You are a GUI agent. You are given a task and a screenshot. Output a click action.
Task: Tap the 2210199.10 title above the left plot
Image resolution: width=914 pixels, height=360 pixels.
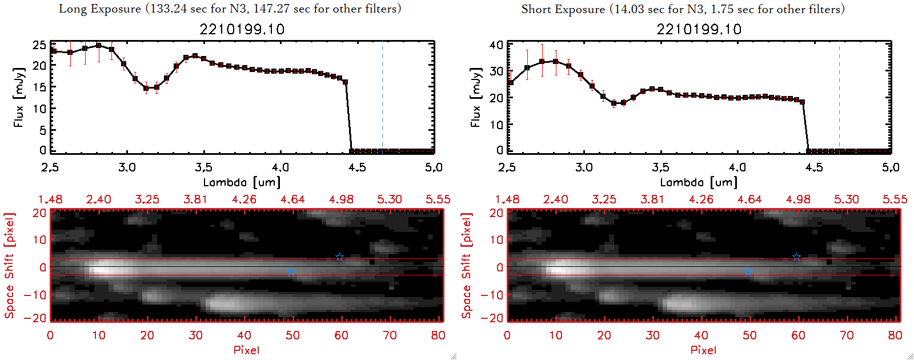pyautogui.click(x=242, y=29)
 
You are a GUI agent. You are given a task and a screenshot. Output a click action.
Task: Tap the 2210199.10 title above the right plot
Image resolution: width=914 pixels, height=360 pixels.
pyautogui.click(x=699, y=29)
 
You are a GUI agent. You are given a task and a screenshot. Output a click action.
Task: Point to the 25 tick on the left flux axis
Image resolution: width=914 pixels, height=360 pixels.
pyautogui.click(x=39, y=45)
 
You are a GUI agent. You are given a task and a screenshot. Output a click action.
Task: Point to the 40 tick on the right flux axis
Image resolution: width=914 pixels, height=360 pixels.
pyautogui.click(x=496, y=45)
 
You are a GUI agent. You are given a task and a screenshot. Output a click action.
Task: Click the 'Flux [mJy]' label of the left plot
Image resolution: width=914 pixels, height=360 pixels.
pyautogui.click(x=19, y=97)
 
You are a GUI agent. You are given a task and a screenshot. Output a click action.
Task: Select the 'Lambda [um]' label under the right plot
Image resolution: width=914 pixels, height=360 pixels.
pyautogui.click(x=699, y=182)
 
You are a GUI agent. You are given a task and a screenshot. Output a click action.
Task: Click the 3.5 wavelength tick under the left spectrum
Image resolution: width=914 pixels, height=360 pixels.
pyautogui.click(x=203, y=167)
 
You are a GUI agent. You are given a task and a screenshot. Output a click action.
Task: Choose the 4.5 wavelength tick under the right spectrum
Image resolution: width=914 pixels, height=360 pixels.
pyautogui.click(x=814, y=167)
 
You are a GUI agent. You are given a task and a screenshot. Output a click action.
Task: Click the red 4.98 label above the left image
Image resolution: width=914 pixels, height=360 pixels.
pyautogui.click(x=341, y=199)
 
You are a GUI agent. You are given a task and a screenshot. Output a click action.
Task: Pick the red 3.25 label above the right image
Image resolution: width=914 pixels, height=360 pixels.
pyautogui.click(x=604, y=199)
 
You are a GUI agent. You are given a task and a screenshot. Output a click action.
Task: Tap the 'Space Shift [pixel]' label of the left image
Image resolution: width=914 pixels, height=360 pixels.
pyautogui.click(x=9, y=266)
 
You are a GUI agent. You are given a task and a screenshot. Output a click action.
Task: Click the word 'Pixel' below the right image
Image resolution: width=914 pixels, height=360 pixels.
pyautogui.click(x=703, y=350)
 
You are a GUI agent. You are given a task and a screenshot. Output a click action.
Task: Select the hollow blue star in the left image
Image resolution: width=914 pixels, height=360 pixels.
pyautogui.click(x=339, y=257)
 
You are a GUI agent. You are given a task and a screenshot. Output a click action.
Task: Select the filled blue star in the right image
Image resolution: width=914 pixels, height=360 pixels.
pyautogui.click(x=748, y=272)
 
